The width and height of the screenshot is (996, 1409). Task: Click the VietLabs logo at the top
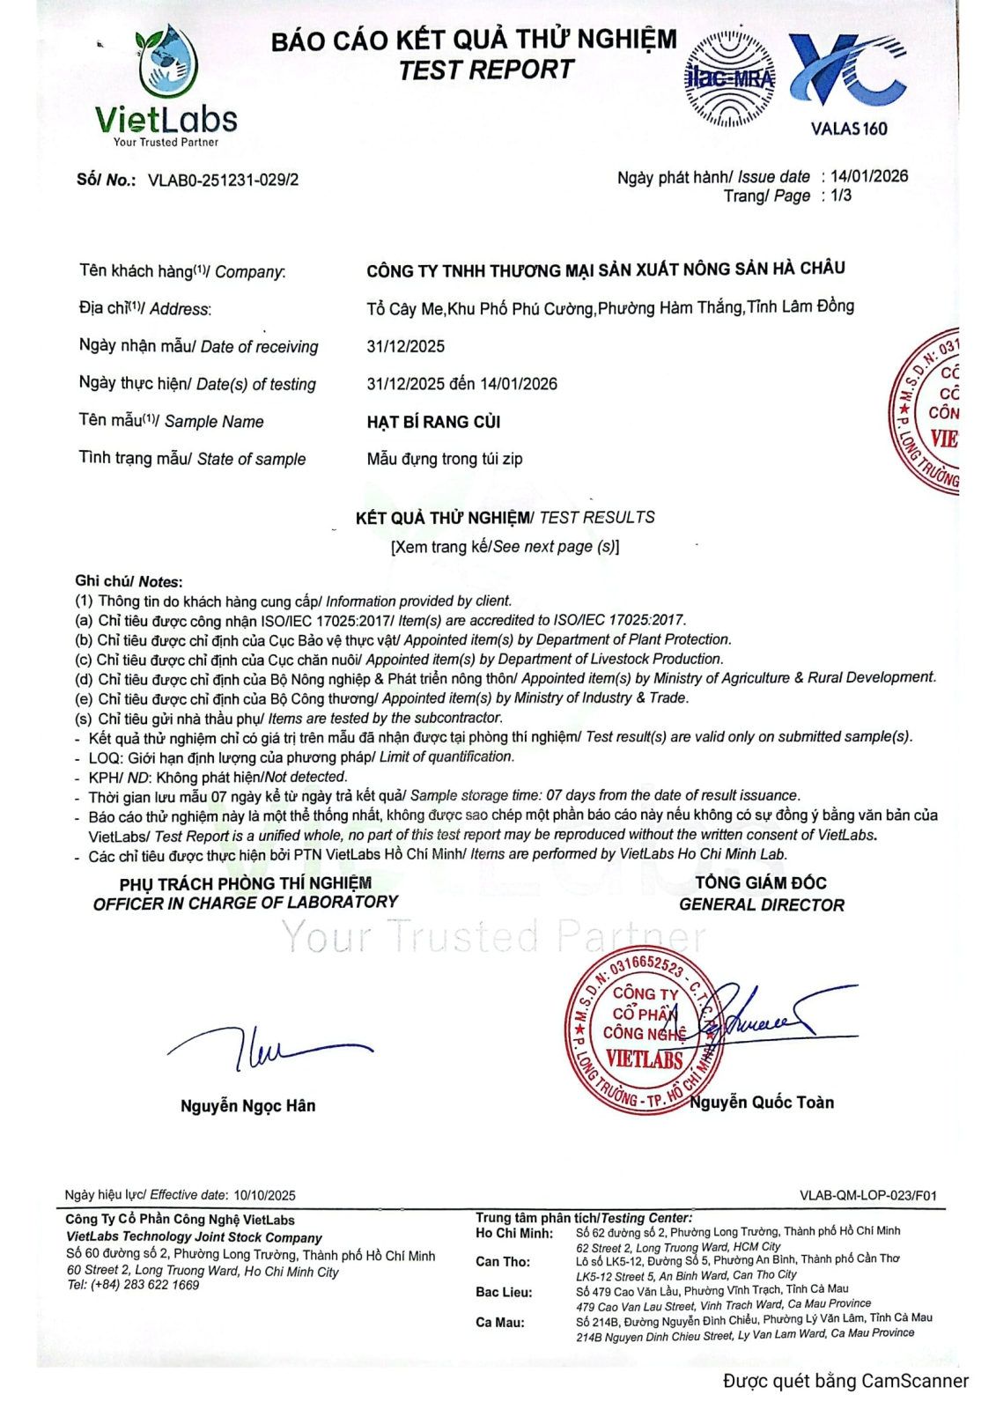[166, 86]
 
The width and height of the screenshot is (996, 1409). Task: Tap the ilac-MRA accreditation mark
[730, 79]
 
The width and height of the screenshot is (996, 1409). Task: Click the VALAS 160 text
[848, 129]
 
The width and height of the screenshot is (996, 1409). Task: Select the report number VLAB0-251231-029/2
[223, 181]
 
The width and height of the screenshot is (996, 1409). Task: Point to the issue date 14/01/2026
[868, 176]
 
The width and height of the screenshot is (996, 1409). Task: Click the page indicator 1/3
[841, 195]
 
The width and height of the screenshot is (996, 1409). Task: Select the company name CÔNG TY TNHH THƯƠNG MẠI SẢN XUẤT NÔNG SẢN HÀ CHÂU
[605, 269]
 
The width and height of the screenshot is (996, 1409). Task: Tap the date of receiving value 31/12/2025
[405, 346]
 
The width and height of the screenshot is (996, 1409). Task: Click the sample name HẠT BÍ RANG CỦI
[433, 422]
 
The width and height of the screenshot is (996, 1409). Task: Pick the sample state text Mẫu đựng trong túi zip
[444, 459]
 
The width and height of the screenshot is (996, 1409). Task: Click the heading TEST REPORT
[486, 70]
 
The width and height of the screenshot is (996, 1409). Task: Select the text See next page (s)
[555, 547]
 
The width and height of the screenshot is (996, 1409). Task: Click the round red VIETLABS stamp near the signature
[643, 1035]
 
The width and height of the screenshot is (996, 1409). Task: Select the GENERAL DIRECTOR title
[761, 905]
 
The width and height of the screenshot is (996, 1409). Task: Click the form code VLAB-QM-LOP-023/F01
[867, 1195]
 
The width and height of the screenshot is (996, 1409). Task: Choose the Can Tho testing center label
[503, 1262]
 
